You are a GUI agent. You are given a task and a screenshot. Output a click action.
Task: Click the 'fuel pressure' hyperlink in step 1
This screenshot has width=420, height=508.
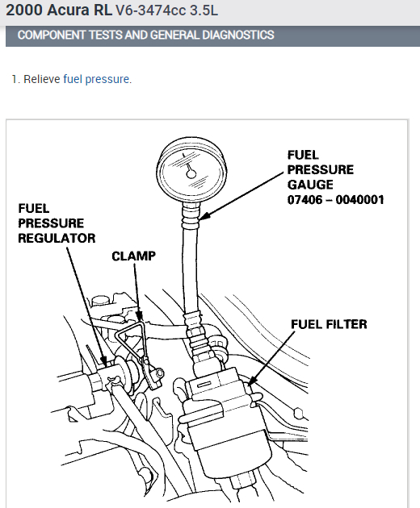(96, 79)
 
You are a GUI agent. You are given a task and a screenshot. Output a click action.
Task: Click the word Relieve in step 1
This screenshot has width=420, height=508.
(42, 79)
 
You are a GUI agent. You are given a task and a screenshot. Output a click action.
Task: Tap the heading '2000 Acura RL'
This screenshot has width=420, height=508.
(59, 10)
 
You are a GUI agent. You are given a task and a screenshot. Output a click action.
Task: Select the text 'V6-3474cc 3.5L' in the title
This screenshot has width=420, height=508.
(167, 10)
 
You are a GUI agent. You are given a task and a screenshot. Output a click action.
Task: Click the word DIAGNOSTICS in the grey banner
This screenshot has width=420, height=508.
(238, 35)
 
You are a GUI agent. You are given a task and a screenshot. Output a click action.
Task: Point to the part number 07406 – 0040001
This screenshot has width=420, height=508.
(336, 200)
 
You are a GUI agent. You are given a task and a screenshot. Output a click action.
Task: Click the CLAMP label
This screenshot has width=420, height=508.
(134, 256)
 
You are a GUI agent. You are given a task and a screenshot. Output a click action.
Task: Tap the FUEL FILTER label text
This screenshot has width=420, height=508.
(329, 324)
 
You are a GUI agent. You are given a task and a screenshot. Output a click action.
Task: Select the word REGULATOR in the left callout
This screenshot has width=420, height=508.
(57, 238)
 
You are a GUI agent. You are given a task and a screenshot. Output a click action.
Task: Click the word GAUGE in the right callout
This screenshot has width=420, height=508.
(310, 185)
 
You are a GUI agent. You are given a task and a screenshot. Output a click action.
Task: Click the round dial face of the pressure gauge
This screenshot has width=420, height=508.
(191, 171)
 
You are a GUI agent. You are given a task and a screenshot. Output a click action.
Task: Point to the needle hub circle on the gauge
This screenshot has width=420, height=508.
(191, 174)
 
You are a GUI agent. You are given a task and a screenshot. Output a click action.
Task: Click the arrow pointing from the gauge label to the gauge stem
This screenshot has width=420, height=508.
(241, 196)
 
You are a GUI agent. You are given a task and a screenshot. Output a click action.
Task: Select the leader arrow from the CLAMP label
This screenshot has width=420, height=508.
(138, 292)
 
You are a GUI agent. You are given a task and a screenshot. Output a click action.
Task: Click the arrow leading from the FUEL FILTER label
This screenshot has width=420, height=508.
(271, 358)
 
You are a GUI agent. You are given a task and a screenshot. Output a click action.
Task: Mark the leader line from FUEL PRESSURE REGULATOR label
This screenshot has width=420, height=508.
(86, 307)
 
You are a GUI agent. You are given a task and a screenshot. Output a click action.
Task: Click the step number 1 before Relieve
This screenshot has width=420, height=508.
(15, 79)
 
